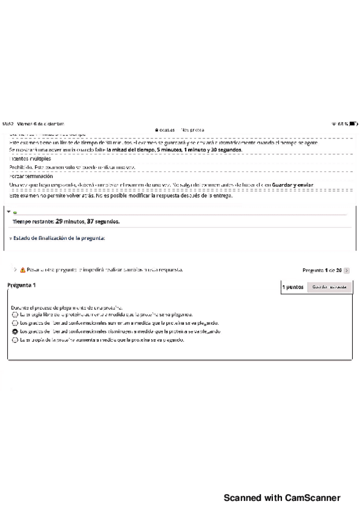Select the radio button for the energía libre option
pyautogui.click(x=14, y=315)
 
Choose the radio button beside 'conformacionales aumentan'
pyautogui.click(x=14, y=323)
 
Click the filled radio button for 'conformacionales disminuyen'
pyautogui.click(x=14, y=331)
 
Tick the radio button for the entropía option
pyautogui.click(x=14, y=340)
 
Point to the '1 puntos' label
pyautogui.click(x=293, y=287)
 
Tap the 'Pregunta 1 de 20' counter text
pyautogui.click(x=322, y=271)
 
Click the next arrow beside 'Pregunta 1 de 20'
pyautogui.click(x=347, y=271)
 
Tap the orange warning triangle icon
pyautogui.click(x=23, y=270)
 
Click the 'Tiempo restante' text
pyautogui.click(x=33, y=221)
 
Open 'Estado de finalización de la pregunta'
pyautogui.click(x=59, y=238)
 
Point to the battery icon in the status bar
pyautogui.click(x=353, y=123)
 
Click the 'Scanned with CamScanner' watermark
pyautogui.click(x=282, y=498)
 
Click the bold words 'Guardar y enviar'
pyautogui.click(x=293, y=184)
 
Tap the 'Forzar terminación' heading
pyautogui.click(x=29, y=175)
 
